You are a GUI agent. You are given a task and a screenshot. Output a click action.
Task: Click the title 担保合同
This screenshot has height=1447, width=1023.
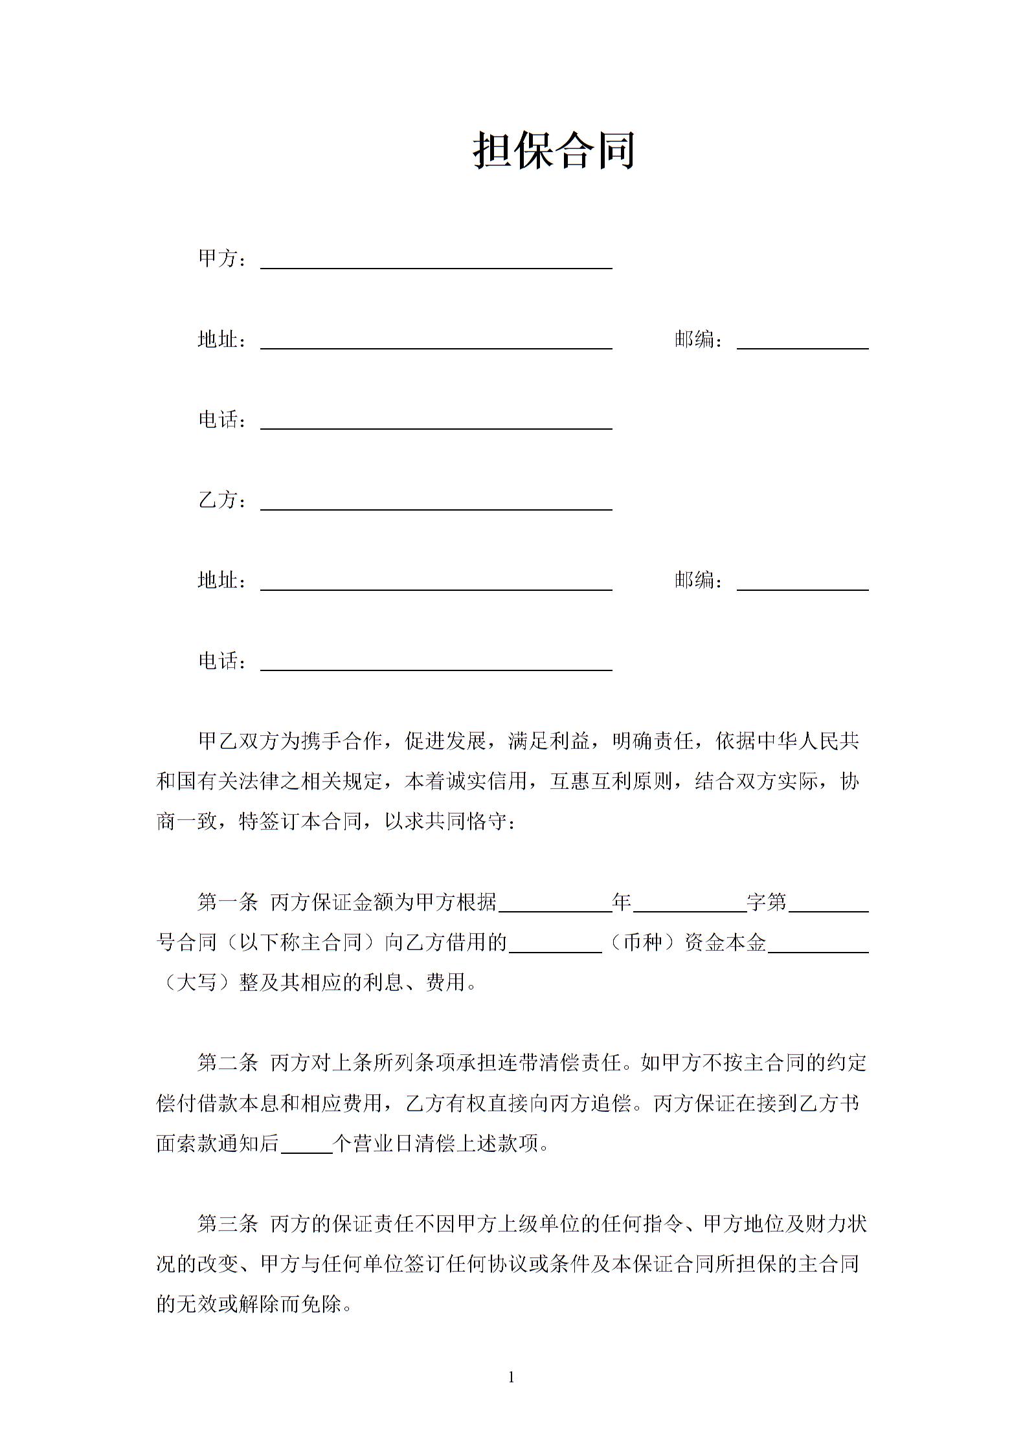(554, 151)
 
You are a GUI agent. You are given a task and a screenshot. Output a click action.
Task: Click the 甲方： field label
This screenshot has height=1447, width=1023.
(222, 259)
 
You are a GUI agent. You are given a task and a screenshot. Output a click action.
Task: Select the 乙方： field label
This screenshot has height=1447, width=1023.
(222, 500)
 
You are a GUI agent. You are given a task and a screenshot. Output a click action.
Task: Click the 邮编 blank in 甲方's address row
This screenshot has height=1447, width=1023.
(802, 343)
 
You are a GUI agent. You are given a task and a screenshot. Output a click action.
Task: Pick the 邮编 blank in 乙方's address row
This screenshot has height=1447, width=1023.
(802, 584)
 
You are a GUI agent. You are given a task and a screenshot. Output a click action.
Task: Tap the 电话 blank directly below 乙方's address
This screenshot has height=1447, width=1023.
(436, 665)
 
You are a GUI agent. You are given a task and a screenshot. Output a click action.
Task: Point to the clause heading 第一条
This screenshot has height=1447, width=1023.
(227, 902)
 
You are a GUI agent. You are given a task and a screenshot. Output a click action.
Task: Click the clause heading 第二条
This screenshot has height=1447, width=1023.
(227, 1063)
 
